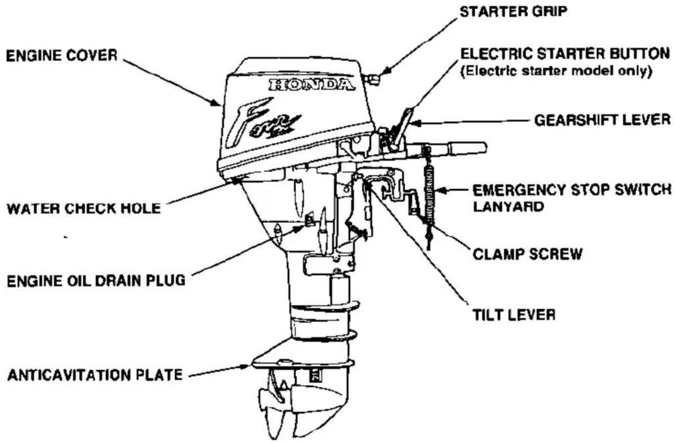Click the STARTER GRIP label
pyautogui.click(x=513, y=12)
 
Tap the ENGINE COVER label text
pyautogui.click(x=62, y=55)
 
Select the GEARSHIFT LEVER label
pyautogui.click(x=602, y=120)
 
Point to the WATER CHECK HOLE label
pyautogui.click(x=84, y=208)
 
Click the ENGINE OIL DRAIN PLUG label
pyautogui.click(x=96, y=281)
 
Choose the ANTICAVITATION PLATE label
pyautogui.click(x=95, y=375)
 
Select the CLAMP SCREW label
pyautogui.click(x=528, y=254)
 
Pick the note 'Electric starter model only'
pyautogui.click(x=556, y=71)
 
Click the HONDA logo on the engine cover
pyautogui.click(x=312, y=85)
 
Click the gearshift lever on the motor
pyautogui.click(x=402, y=129)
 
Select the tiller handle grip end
pyautogui.click(x=467, y=148)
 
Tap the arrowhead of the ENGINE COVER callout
pyautogui.click(x=217, y=102)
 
